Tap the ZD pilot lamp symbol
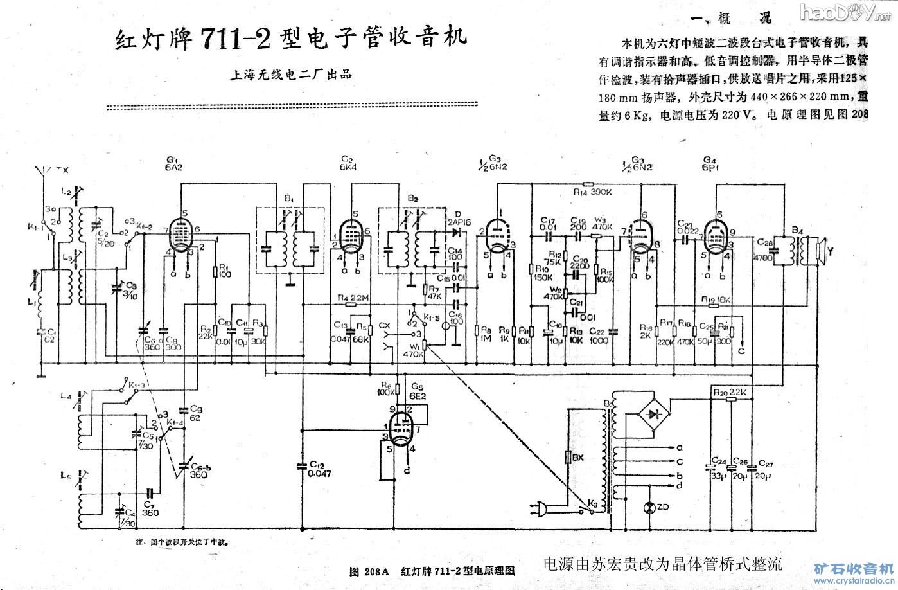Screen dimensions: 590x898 point(648,508)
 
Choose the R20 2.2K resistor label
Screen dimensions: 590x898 point(730,391)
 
